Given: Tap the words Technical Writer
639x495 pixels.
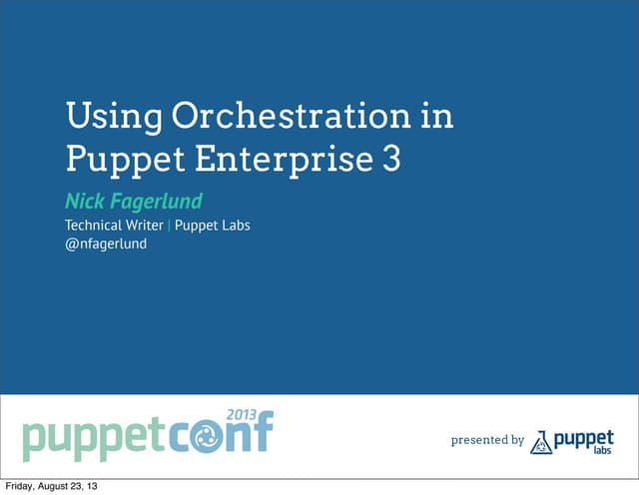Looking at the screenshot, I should pyautogui.click(x=114, y=226).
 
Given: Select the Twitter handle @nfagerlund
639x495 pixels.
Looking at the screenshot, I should pyautogui.click(x=106, y=244).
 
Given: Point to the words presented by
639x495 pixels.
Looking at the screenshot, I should pyautogui.click(x=487, y=439).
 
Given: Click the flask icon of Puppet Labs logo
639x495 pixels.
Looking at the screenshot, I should pyautogui.click(x=541, y=441).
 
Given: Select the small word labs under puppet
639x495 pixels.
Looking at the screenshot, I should pyautogui.click(x=601, y=451).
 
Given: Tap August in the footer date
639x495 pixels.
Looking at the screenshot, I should pyautogui.click(x=60, y=487).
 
